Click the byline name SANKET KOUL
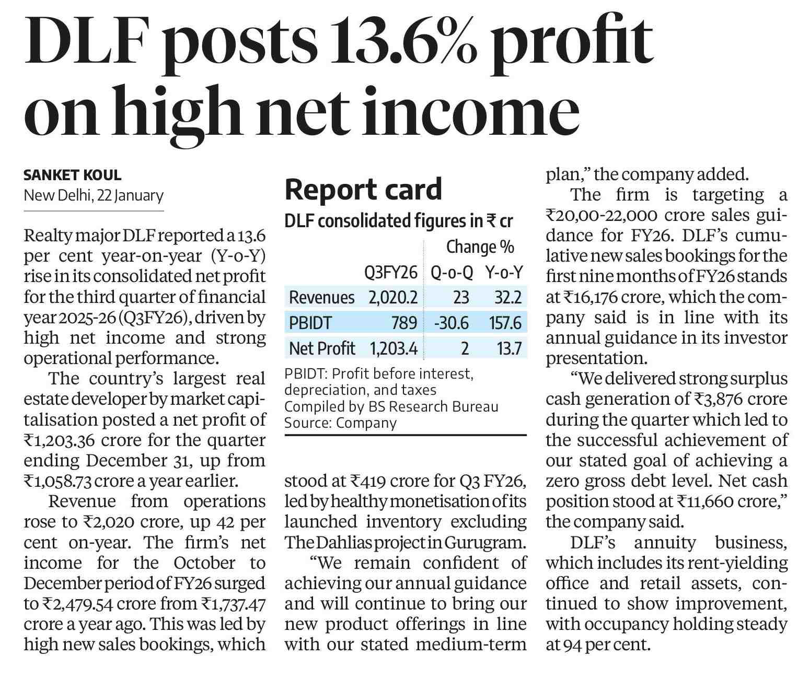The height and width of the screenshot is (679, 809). pyautogui.click(x=73, y=175)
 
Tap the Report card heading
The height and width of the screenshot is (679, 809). pyautogui.click(x=363, y=189)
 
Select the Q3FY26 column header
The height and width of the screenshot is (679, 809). pyautogui.click(x=391, y=273)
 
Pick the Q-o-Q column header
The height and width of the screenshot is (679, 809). pyautogui.click(x=452, y=273)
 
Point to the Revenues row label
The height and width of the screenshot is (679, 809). pyautogui.click(x=321, y=298)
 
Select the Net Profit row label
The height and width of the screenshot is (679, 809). pyautogui.click(x=321, y=348)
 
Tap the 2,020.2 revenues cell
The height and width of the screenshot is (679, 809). pyautogui.click(x=392, y=298)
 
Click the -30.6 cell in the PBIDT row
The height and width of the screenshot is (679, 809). pyautogui.click(x=452, y=323)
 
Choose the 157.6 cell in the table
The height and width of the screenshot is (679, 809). pyautogui.click(x=505, y=323)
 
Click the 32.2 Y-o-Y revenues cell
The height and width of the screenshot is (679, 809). pyautogui.click(x=508, y=298)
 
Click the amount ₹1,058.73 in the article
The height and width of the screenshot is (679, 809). pyautogui.click(x=61, y=481)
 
